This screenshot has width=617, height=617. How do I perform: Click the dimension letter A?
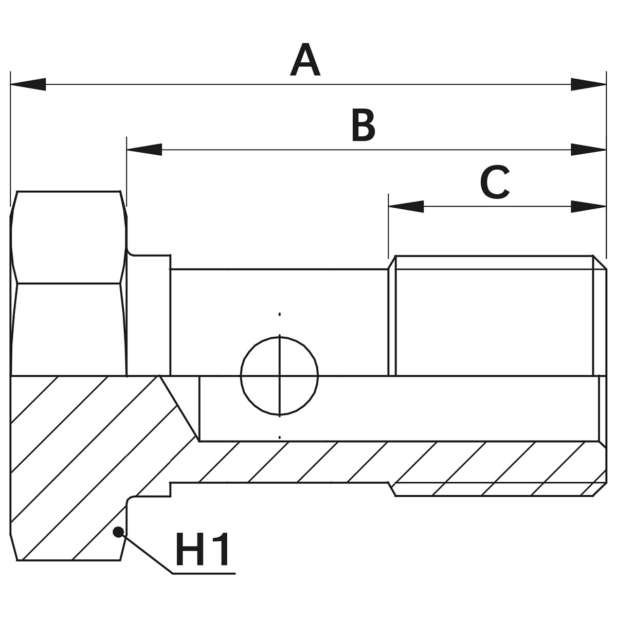pos(305,61)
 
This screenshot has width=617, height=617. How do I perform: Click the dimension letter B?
pos(363,125)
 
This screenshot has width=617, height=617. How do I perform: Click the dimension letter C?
pos(495,183)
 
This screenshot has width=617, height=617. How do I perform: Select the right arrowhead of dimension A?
pos(588,85)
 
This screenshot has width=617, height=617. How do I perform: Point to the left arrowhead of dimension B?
pos(144,150)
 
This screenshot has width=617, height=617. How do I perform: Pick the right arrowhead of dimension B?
pos(588,150)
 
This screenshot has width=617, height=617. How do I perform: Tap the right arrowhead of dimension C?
pos(588,207)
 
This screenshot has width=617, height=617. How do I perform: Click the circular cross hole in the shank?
pos(279,375)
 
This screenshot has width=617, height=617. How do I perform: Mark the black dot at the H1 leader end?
pos(119,532)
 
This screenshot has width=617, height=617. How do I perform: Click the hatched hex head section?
pos(67,463)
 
